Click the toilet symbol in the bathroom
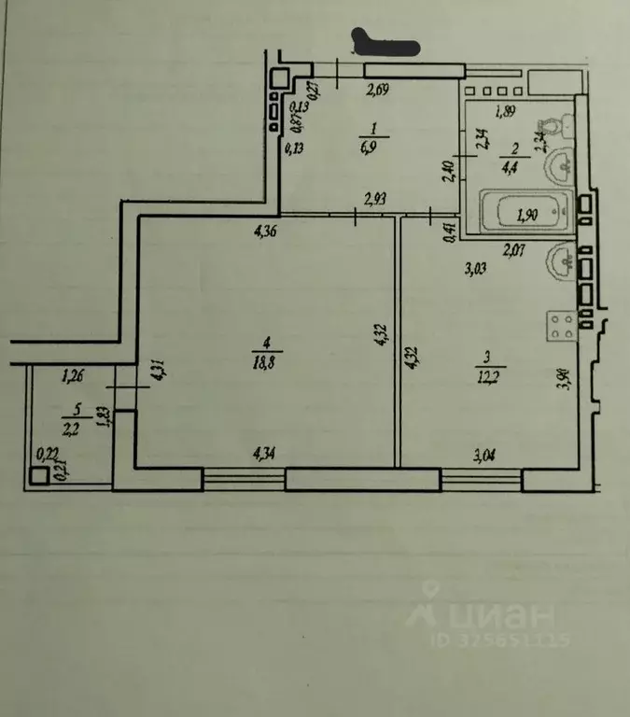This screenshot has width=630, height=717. tap(550, 127)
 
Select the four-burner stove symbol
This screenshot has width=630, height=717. tap(562, 327)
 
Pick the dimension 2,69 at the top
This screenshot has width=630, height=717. tap(378, 91)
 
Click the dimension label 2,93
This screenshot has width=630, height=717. tap(375, 199)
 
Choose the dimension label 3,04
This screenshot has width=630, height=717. tap(486, 456)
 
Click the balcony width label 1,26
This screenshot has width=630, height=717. tap(73, 378)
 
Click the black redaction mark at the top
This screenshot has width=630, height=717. tap(385, 44)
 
